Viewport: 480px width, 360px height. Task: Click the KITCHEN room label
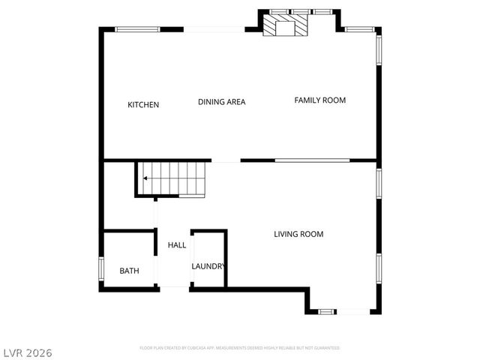tap(143, 105)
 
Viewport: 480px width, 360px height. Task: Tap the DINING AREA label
tap(221, 102)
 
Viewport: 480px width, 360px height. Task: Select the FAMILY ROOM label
tap(319, 100)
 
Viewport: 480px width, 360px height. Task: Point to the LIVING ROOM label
tap(298, 234)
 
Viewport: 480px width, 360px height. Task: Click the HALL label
tap(177, 245)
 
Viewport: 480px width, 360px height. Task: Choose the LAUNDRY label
tap(208, 266)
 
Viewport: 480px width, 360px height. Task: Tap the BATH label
tap(129, 271)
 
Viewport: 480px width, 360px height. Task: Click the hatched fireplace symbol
tap(285, 27)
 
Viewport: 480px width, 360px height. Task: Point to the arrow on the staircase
tap(144, 178)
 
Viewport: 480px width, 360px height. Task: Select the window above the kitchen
tap(137, 29)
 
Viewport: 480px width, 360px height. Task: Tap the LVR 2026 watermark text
tap(26, 351)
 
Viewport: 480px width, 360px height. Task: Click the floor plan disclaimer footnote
tap(240, 348)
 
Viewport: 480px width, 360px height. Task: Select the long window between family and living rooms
tap(312, 160)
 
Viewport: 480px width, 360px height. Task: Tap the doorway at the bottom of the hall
tap(174, 286)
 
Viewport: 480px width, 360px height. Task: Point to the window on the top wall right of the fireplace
tap(360, 29)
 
